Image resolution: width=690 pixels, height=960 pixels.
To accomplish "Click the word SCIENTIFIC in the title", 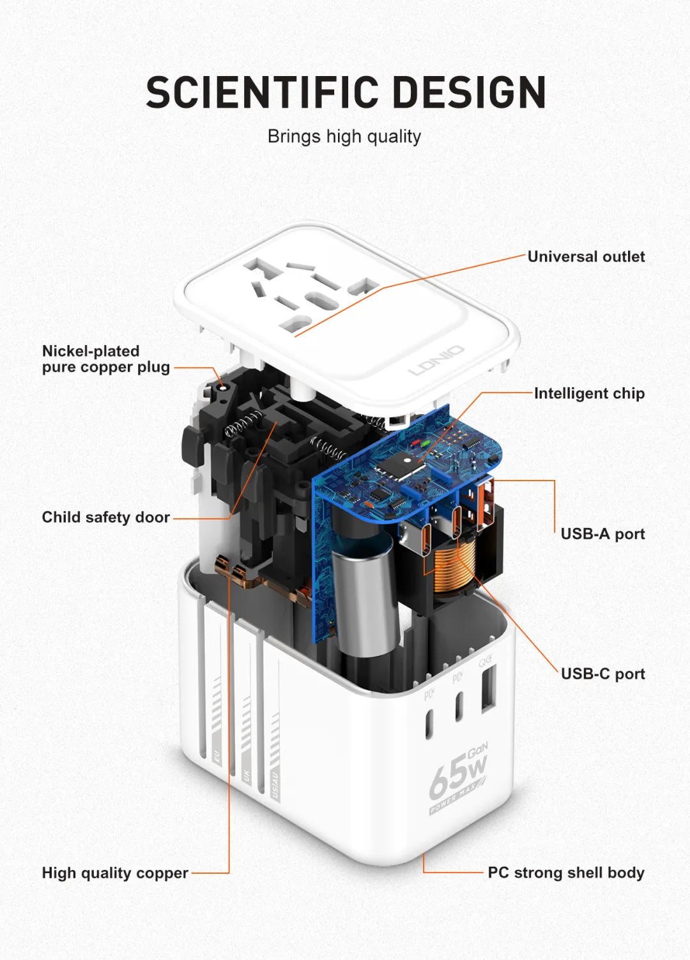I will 263,93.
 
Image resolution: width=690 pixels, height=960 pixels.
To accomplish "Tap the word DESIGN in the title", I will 469,93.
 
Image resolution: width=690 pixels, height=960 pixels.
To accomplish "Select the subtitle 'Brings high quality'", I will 344,137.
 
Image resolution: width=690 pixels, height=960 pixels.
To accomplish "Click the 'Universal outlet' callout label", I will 586,257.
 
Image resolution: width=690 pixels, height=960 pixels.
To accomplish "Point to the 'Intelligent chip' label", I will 589,394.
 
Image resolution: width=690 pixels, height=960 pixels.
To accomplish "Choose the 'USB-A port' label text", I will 602,534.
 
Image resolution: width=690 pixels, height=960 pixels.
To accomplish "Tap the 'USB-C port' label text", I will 602,674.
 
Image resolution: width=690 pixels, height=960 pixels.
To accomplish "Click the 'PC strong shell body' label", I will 566,873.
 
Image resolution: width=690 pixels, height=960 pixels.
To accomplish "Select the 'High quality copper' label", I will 115,873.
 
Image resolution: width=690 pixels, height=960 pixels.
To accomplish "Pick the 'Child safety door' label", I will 106,518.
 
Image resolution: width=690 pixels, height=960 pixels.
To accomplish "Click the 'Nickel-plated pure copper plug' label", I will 106,359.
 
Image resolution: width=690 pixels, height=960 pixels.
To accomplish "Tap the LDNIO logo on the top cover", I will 436,360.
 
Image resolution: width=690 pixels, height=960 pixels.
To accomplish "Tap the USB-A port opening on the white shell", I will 487,689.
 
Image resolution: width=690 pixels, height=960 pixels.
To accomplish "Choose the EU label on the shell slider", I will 217,757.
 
